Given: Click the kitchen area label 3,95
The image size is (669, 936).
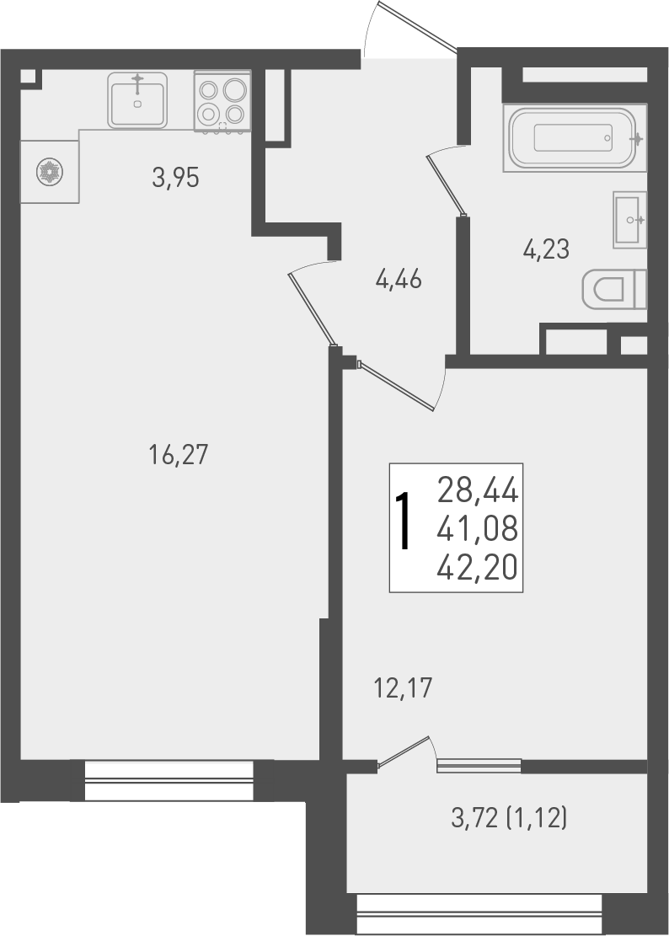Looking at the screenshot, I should (x=175, y=178).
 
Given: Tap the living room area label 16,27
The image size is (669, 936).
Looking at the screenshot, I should (x=177, y=456).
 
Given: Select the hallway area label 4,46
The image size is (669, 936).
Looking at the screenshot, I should (x=399, y=279).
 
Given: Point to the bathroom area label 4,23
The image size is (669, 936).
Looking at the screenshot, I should (x=546, y=249).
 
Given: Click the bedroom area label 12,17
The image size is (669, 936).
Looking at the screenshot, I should (x=402, y=689).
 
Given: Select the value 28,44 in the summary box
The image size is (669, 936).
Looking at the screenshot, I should (x=477, y=489).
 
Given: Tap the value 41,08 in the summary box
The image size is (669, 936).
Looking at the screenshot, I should (x=477, y=530).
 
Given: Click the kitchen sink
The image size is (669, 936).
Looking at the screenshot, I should (x=137, y=99).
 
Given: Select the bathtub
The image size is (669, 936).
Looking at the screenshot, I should (x=575, y=137).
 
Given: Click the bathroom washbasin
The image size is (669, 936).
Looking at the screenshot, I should (x=629, y=220).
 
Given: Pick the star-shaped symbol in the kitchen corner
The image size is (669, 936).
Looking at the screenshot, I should (x=49, y=172).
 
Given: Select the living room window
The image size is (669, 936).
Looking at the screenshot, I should (x=169, y=780).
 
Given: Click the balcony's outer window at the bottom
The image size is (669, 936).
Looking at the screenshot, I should (x=479, y=914).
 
